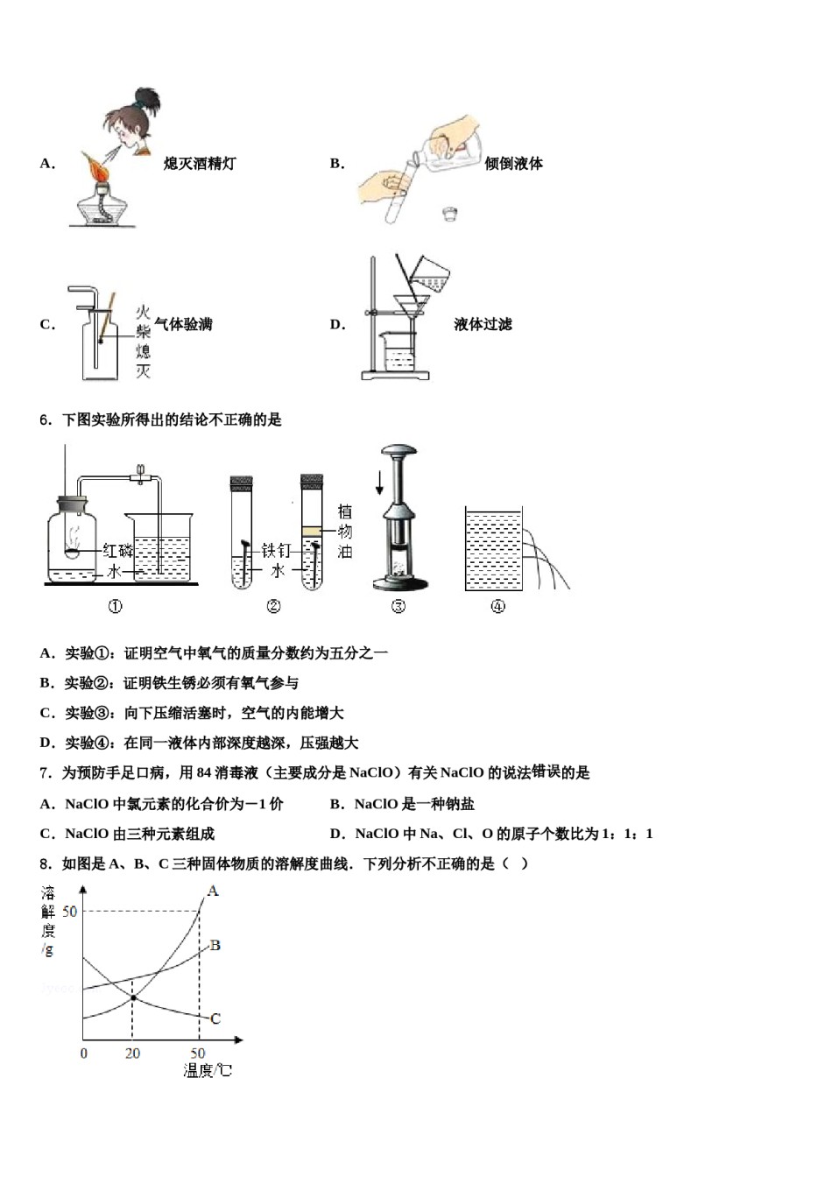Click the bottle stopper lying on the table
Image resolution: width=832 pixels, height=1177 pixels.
pos(451,213)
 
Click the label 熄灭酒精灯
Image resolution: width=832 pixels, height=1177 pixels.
pos(199,163)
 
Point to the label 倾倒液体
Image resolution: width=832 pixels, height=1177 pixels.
pos(513,163)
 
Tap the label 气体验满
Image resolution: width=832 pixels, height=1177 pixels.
pos(183,324)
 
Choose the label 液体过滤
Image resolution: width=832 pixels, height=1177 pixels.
pos(483,324)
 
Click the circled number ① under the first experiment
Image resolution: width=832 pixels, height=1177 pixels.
pos(115,606)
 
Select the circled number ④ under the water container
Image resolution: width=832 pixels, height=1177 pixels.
pos(497,606)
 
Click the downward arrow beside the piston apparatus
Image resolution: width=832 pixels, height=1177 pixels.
pos(379,483)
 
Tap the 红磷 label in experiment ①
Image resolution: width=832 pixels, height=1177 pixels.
pos(117,550)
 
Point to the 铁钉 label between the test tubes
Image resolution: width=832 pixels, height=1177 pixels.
pos(276,550)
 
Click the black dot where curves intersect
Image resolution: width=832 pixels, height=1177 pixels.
pos(133,997)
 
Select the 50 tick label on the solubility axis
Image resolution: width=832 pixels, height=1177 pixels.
pos(69,912)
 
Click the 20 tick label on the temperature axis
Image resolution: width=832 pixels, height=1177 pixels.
pos(132,1054)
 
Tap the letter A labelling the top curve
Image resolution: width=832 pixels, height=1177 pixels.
pos(213,891)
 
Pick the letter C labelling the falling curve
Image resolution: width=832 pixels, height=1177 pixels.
pos(215,1018)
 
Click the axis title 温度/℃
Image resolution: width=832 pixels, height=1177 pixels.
pos(208,1070)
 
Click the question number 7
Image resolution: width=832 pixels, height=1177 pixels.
pos(46,772)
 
